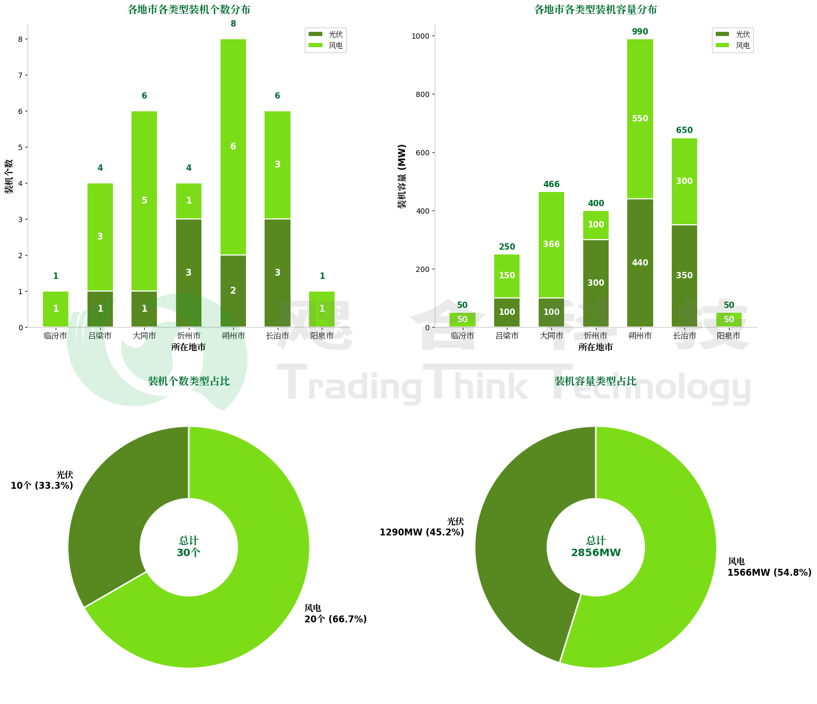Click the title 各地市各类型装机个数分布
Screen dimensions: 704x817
tap(189, 10)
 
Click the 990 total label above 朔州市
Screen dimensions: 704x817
tap(640, 32)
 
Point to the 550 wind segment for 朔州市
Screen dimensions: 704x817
tap(640, 119)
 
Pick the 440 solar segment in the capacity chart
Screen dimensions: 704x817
tap(640, 263)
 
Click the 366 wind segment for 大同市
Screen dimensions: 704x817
tap(551, 244)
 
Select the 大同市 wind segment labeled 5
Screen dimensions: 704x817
tap(144, 200)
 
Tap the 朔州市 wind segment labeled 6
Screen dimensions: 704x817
tap(233, 146)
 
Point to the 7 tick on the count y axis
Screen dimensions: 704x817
tap(20, 75)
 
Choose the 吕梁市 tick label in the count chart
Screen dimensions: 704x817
tap(100, 336)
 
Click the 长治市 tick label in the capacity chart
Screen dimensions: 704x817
tap(684, 336)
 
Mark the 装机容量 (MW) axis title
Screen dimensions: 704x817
tap(402, 176)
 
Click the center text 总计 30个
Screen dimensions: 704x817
tap(189, 547)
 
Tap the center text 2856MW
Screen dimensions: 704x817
tap(595, 553)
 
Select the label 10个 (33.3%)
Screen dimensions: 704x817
tap(42, 486)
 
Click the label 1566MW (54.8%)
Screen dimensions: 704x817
tap(769, 573)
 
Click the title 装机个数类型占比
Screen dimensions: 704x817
tap(189, 381)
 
